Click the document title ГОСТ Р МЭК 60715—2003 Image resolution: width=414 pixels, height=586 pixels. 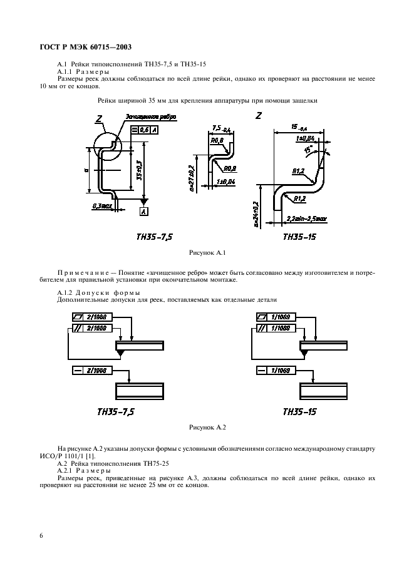click(x=87, y=46)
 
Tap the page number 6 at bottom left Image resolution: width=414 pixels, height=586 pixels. click(x=41, y=536)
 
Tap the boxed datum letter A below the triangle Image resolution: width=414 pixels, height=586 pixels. click(x=145, y=211)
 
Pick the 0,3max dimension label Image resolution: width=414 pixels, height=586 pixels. click(x=101, y=205)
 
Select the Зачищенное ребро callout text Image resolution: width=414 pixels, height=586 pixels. click(x=150, y=116)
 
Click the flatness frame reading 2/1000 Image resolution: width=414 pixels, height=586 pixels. click(x=90, y=317)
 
